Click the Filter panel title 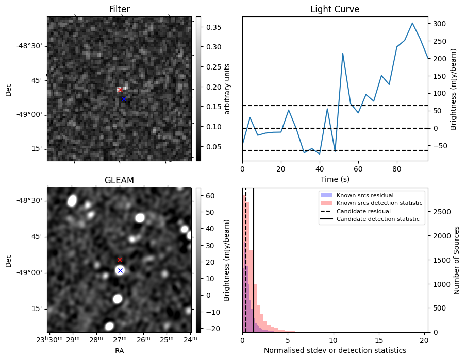point(120,9)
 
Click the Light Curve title point(335,9)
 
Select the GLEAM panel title point(119,180)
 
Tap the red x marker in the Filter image point(120,90)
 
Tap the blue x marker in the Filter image point(124,99)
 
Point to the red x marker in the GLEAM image point(120,260)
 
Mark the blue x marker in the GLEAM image point(120,270)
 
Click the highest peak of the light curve point(412,23)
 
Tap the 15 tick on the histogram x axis point(379,340)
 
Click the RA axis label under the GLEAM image point(119,350)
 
